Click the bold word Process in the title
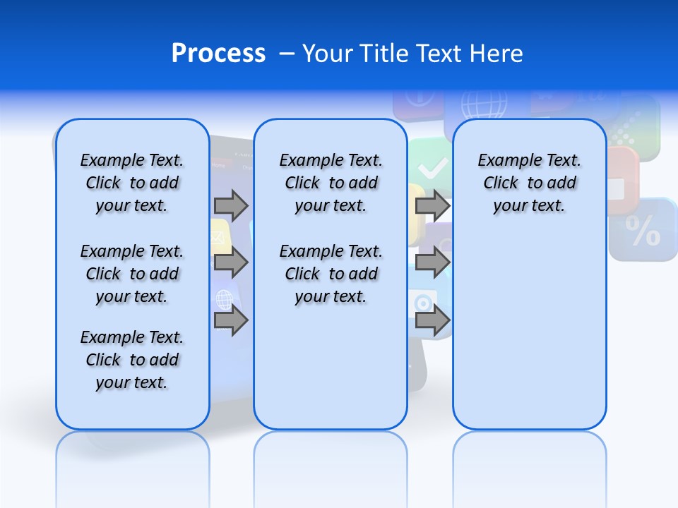click(x=218, y=54)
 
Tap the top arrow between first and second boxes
click(x=231, y=205)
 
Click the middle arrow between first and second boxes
click(x=231, y=263)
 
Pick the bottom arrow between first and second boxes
click(x=231, y=321)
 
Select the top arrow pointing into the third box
click(x=432, y=205)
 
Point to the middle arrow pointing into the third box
click(x=432, y=263)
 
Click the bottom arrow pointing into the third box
click(x=432, y=321)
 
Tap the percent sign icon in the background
click(x=642, y=231)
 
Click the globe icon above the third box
click(x=484, y=104)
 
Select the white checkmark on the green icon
click(x=432, y=168)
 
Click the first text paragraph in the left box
click(x=132, y=183)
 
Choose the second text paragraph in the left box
click(x=132, y=274)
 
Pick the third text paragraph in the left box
click(x=132, y=360)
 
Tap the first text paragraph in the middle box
click(x=331, y=183)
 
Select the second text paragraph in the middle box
click(x=331, y=274)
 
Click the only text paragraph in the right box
click(x=529, y=183)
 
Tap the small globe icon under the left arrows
click(x=225, y=300)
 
